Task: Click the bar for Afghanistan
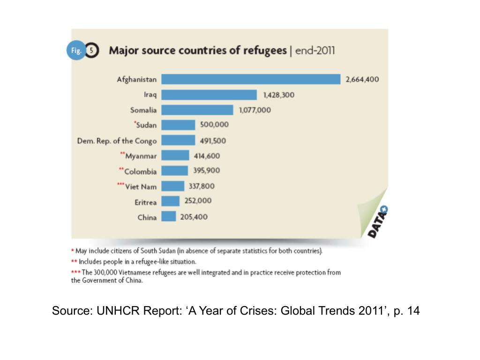click(251, 79)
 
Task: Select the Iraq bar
click(209, 95)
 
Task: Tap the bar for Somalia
click(197, 110)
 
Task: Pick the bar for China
click(169, 217)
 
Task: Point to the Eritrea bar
click(171, 201)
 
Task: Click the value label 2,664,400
click(362, 79)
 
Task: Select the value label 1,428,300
click(279, 95)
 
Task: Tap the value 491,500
click(213, 140)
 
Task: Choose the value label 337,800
click(202, 186)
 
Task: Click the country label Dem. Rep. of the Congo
click(117, 141)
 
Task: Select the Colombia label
click(140, 172)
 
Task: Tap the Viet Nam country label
click(141, 187)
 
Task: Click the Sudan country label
click(146, 125)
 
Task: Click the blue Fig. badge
click(75, 51)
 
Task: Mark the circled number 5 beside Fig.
click(92, 51)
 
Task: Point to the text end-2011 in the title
click(315, 51)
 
